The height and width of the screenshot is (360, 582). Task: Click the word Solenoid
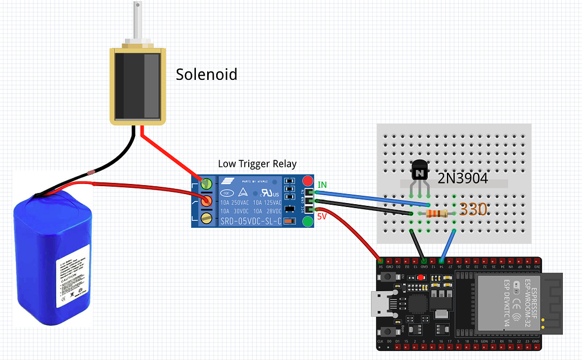point(207,74)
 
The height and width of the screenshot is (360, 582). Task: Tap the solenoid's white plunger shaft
point(137,20)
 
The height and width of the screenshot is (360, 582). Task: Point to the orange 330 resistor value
point(473,210)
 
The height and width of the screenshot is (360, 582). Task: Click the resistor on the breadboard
point(437,213)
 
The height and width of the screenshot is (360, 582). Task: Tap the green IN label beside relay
point(322,184)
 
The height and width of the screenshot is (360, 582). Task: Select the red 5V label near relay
point(321,216)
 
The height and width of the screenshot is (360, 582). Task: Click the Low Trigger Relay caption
point(257,164)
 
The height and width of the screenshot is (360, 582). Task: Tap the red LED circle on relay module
point(307,181)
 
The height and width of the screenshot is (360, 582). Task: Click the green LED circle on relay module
point(307,221)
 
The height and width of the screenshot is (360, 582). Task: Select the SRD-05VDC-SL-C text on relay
point(250,221)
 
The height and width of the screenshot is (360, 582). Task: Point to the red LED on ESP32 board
point(421,278)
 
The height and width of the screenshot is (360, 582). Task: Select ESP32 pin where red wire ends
point(381,261)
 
